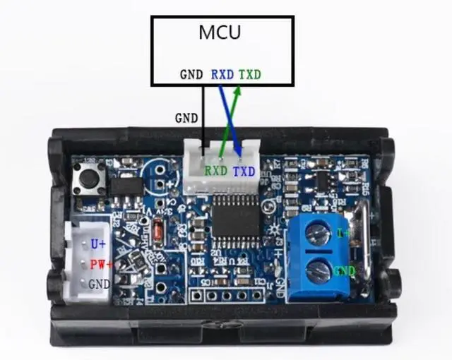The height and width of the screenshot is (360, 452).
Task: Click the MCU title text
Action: tap(220, 32)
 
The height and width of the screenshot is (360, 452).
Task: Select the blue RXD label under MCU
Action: tap(223, 73)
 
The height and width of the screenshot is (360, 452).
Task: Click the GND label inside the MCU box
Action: tap(191, 73)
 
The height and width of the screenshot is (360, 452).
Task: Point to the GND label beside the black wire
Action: tap(186, 119)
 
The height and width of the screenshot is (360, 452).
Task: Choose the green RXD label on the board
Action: tap(215, 171)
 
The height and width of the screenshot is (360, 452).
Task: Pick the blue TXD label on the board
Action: tap(244, 171)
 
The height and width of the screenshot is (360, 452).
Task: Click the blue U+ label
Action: tap(97, 244)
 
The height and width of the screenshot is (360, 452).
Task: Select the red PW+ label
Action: tap(102, 265)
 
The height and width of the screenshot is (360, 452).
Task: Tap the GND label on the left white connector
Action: tap(98, 283)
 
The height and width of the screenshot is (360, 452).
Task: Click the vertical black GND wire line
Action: tap(203, 113)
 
